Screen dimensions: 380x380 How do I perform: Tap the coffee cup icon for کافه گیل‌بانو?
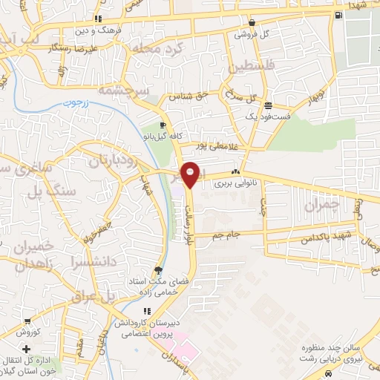pyautogui.click(x=163, y=125)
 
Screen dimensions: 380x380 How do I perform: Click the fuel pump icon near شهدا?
pyautogui.click(x=338, y=15)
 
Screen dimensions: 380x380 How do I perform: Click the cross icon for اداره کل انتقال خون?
pyautogui.click(x=27, y=350)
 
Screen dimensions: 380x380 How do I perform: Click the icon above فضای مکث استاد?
pyautogui.click(x=157, y=270)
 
